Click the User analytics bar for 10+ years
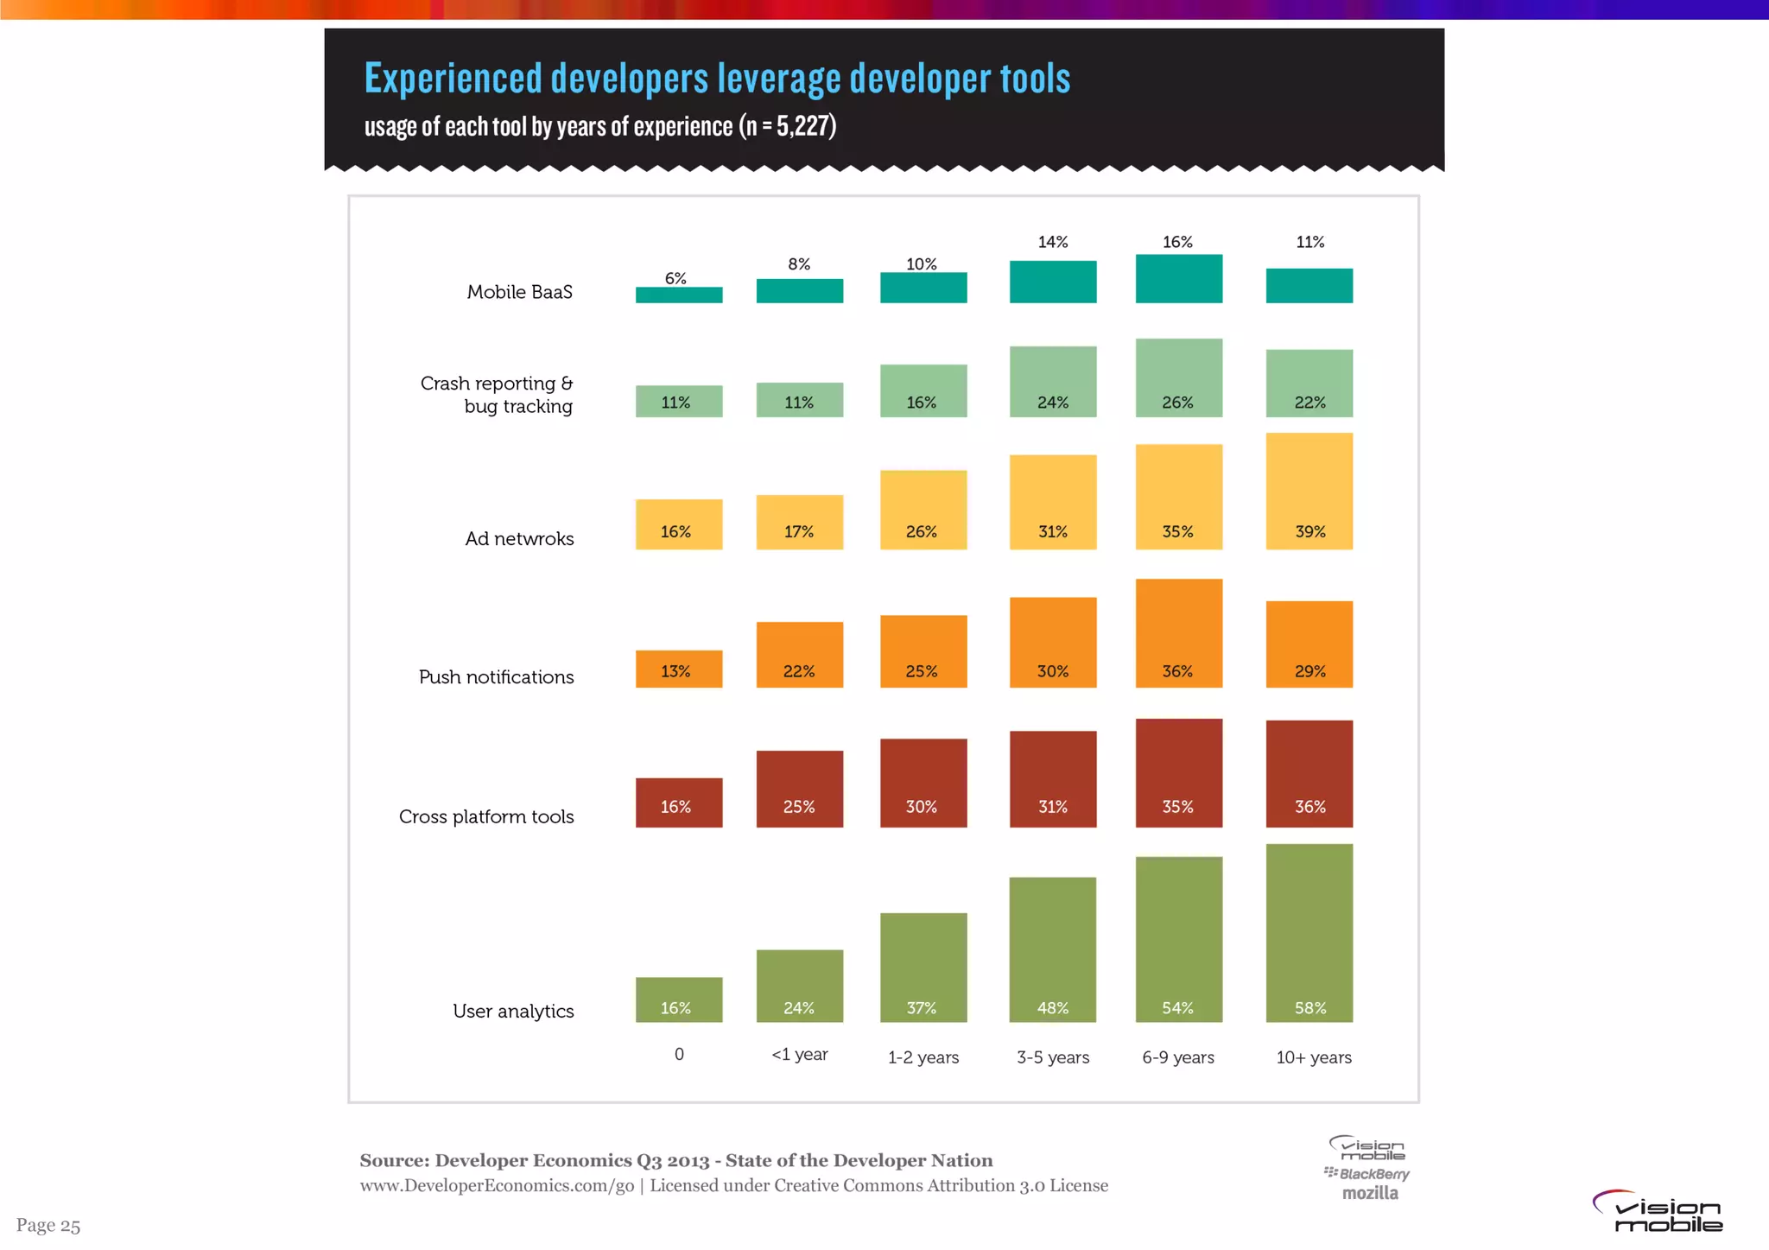click(1309, 932)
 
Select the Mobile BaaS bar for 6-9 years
click(1178, 278)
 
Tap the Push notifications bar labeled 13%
click(679, 669)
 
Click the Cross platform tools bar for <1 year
click(799, 789)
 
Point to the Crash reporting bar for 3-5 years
click(1053, 382)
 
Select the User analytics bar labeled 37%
click(923, 967)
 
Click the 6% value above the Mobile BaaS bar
click(675, 278)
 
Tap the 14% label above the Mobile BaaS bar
click(1053, 242)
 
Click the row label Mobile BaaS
click(519, 292)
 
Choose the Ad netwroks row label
click(519, 539)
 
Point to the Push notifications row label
click(496, 677)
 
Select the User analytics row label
click(513, 1012)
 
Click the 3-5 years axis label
click(1053, 1057)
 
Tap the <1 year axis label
click(799, 1055)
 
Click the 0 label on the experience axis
click(679, 1055)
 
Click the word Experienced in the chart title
click(452, 79)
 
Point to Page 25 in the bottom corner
click(48, 1225)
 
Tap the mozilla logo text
click(1370, 1193)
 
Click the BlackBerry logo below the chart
click(1367, 1174)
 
